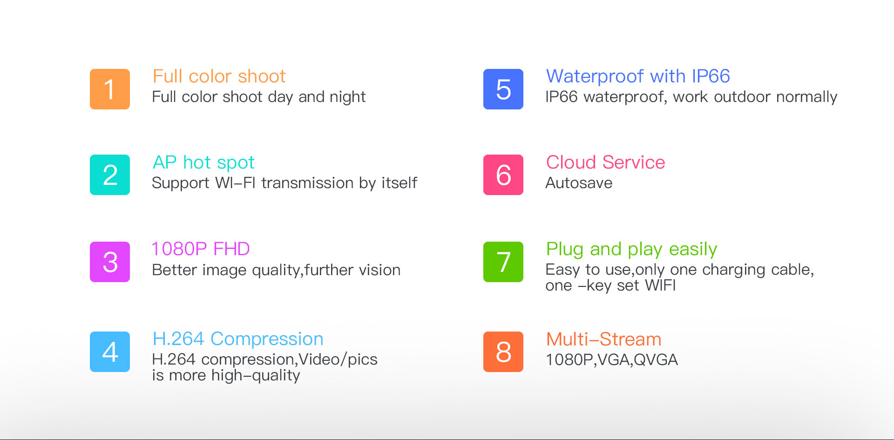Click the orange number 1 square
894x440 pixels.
(x=110, y=89)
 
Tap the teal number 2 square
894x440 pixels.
(x=110, y=175)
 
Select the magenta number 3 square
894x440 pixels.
(x=110, y=262)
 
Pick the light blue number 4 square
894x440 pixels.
(x=110, y=352)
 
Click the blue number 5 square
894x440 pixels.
(x=503, y=89)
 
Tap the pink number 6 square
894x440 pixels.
(x=503, y=175)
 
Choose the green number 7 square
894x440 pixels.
(x=503, y=262)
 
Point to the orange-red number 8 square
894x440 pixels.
(x=503, y=352)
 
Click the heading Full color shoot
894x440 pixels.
(x=219, y=76)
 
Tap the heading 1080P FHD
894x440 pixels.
(x=201, y=249)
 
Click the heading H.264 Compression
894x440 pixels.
(x=238, y=339)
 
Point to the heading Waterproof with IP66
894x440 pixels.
(x=638, y=76)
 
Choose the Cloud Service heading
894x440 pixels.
(x=605, y=162)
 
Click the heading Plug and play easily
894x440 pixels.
(x=631, y=250)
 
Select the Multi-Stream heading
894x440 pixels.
(x=603, y=339)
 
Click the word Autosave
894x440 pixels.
(x=579, y=183)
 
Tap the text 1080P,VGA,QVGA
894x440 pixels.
(x=611, y=360)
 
